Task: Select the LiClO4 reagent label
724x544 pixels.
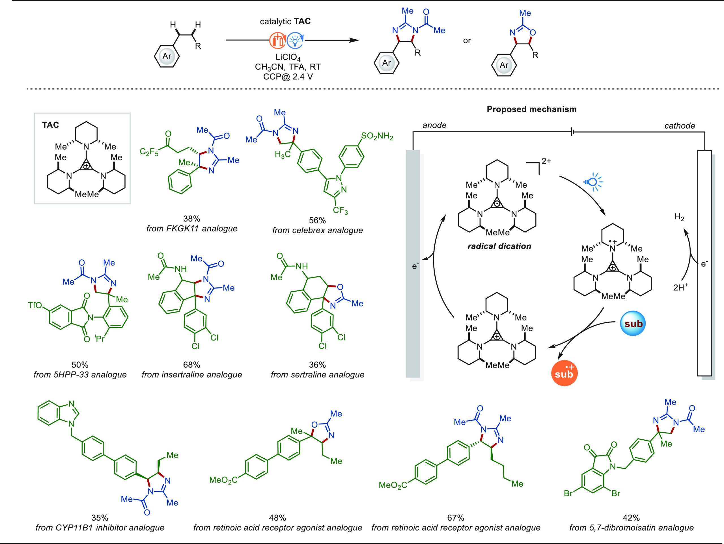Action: point(288,58)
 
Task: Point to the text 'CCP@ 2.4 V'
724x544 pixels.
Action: point(288,77)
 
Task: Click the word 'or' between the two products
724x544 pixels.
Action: point(467,41)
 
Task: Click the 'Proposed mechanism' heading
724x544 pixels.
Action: point(531,109)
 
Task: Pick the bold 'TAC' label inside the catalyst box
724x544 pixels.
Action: point(50,125)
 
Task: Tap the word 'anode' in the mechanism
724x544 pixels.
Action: point(434,125)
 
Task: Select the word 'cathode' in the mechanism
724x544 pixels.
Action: point(680,125)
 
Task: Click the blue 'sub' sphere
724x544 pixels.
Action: point(633,324)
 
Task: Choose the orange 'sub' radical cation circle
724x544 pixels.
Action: point(564,373)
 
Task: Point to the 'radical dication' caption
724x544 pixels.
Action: point(499,246)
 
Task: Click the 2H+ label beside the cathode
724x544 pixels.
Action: point(680,287)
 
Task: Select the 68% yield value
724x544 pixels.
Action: point(191,365)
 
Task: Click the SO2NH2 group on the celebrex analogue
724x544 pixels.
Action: point(377,136)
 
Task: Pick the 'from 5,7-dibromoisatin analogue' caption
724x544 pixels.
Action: point(631,527)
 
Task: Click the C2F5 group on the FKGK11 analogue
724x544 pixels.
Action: point(149,152)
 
